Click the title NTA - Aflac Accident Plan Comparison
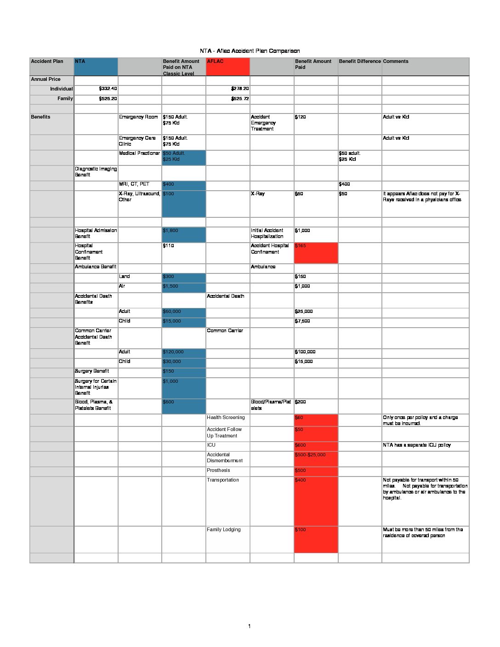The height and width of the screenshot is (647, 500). pos(250,51)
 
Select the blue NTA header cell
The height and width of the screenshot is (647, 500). pos(96,67)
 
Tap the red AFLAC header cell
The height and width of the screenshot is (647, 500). pos(227,67)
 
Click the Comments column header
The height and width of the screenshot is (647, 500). pos(396,62)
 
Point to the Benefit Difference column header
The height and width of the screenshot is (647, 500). pos(360,62)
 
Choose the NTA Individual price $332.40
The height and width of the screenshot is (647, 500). pos(108,89)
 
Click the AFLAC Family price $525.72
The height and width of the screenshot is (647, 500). pos(240,99)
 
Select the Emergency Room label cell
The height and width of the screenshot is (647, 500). pos(138,117)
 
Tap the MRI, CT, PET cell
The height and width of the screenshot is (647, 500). pos(134,184)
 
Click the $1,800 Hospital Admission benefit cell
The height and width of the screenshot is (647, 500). pos(183,234)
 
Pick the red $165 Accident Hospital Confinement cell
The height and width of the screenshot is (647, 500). pos(316,253)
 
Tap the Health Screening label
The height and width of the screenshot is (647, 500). pos(226,418)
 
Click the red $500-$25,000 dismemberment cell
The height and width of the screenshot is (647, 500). pos(316,459)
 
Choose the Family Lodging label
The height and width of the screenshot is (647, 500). pos(224,530)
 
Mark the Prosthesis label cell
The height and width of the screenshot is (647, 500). pos(218,471)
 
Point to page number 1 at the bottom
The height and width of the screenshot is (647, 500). pos(249,626)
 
